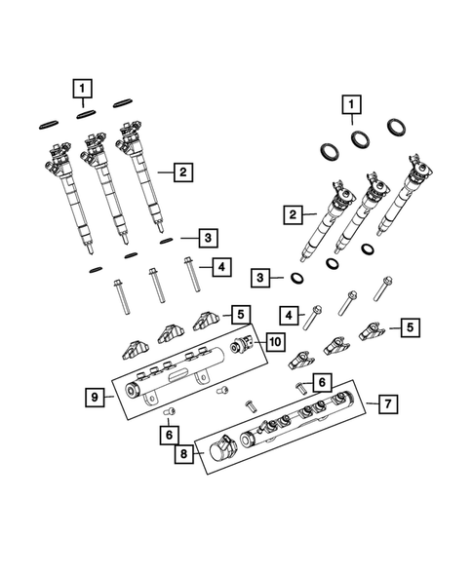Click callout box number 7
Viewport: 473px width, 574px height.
tap(387, 402)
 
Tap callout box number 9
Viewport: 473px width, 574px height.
tap(94, 397)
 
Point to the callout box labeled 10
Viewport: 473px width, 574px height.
tap(275, 341)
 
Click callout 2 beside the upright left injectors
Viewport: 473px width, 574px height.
tap(181, 172)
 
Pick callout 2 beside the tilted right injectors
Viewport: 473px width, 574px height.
tap(291, 212)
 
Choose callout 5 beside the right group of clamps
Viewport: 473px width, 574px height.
tap(413, 326)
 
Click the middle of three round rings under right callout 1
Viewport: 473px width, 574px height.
tap(360, 138)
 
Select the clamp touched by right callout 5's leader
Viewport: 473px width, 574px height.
tap(375, 331)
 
